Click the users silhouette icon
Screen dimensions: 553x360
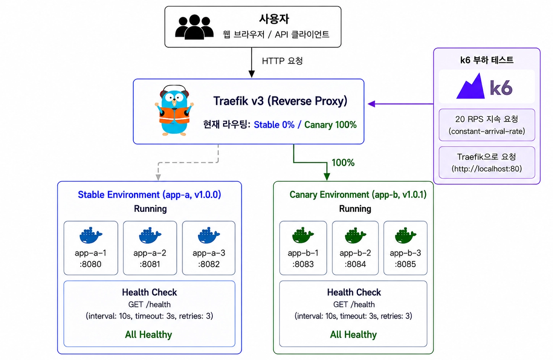194,27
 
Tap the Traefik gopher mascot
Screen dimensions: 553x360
174,110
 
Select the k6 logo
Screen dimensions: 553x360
484,86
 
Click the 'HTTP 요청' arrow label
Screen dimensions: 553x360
282,61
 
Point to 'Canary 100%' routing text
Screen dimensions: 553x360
330,125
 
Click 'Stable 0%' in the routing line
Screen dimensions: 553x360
274,125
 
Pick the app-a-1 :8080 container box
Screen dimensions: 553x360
91,248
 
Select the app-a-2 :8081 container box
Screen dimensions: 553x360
150,248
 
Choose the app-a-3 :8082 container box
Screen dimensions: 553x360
209,248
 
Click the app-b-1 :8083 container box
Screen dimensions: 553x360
303,248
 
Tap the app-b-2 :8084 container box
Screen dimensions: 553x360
355,248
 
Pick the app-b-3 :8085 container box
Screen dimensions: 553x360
405,248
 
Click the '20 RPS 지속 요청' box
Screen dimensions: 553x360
487,125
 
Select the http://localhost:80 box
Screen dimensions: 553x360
487,162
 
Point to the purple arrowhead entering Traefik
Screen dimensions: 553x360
372,104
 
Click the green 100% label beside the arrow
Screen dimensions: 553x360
343,162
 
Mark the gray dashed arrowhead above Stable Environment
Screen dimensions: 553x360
158,177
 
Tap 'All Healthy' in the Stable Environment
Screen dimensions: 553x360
149,334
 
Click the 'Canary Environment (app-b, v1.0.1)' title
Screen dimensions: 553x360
358,195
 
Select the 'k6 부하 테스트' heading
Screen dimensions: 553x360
487,60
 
